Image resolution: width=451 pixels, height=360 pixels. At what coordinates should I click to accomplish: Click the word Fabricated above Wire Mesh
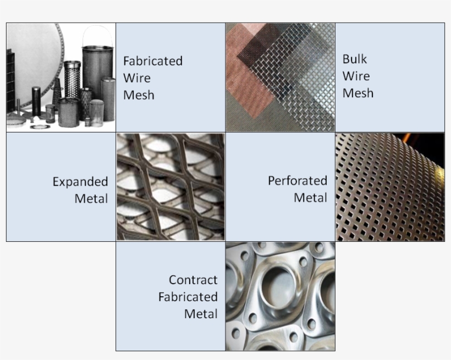tap(153, 61)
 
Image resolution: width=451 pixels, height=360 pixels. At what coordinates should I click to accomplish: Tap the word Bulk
tap(354, 59)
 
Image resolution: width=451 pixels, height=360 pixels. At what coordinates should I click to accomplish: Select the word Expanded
tap(80, 182)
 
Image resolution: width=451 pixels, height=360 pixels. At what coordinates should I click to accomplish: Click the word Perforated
tap(298, 181)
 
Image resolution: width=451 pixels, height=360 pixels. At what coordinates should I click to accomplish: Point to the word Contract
tap(193, 280)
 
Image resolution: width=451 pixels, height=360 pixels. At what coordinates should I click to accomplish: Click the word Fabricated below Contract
tap(188, 297)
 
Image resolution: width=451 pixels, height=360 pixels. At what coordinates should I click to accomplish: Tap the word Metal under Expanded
tap(91, 199)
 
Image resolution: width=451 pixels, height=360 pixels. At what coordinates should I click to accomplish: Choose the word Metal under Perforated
tap(310, 197)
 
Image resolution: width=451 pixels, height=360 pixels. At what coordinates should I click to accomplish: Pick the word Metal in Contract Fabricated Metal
tap(201, 314)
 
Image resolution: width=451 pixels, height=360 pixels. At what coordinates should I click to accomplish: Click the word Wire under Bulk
tap(356, 76)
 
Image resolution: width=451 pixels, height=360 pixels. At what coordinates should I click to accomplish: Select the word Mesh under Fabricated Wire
tap(139, 95)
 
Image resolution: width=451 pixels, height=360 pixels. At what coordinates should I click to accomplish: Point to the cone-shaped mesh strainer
tap(57, 92)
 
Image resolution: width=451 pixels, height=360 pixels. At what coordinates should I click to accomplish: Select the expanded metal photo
tap(170, 187)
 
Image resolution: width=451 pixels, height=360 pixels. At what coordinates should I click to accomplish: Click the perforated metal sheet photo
tap(390, 187)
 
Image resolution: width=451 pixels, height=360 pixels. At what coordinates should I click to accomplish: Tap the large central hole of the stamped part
tap(278, 287)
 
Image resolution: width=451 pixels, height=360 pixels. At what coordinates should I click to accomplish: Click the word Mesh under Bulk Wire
tap(358, 93)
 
